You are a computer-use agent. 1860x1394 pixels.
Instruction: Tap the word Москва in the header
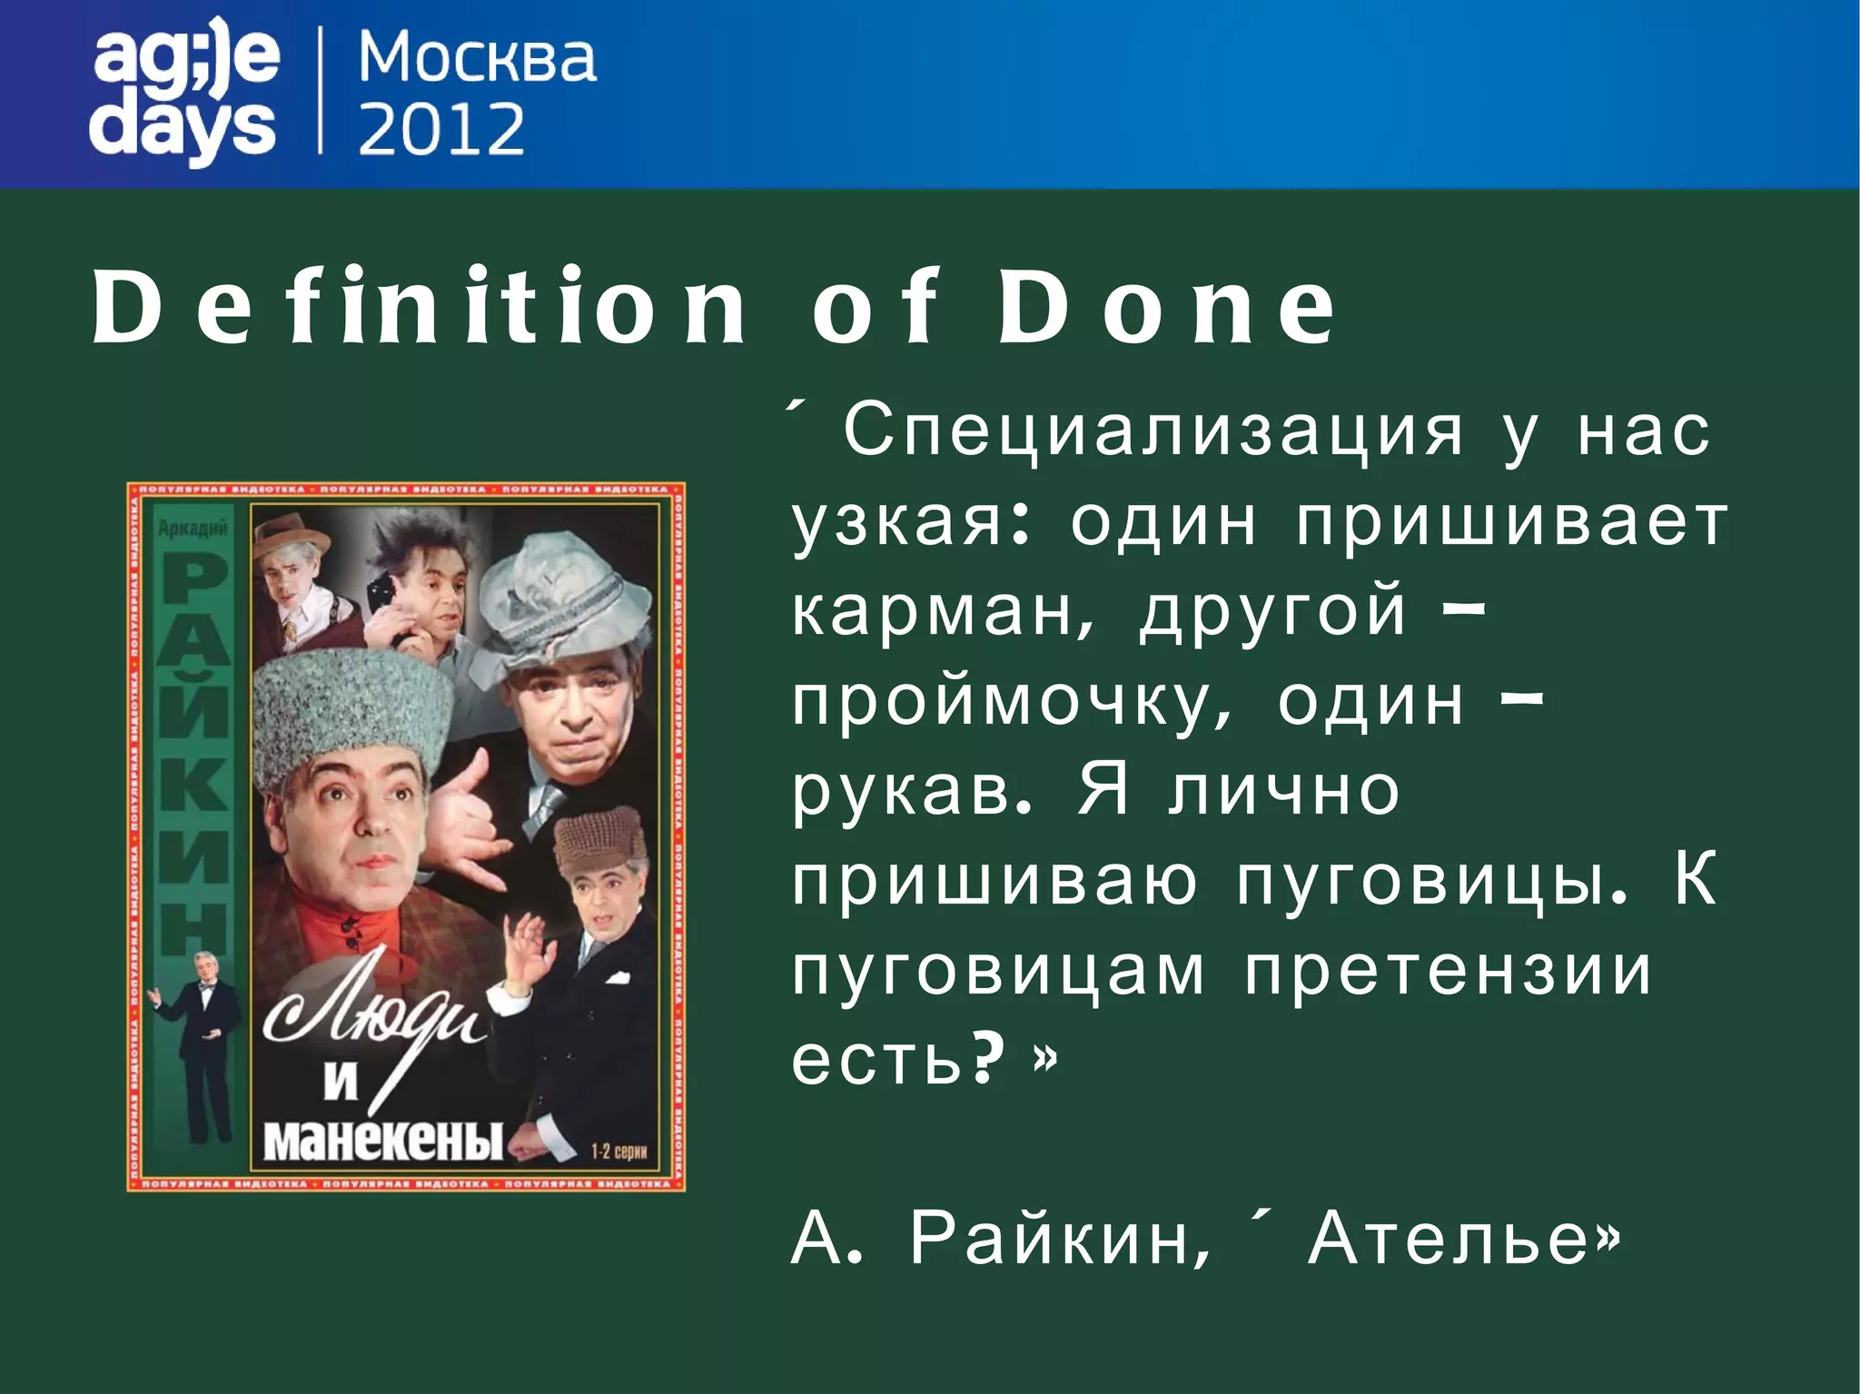tap(477, 58)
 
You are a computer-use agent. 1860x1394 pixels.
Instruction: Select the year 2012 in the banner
tap(441, 128)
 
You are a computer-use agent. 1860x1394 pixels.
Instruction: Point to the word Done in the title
tap(1166, 308)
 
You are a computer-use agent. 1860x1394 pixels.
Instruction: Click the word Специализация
tap(1153, 432)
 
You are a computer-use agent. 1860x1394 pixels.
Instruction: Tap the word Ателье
tap(1462, 1239)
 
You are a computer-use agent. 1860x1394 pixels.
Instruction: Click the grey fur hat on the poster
tap(350, 717)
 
